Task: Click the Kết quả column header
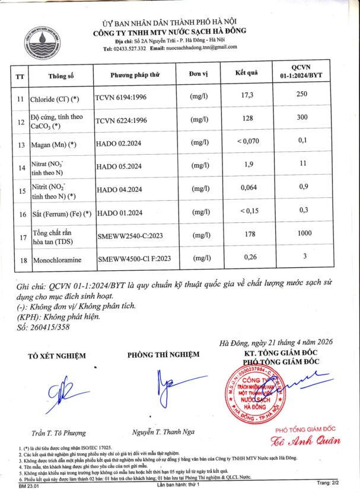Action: pyautogui.click(x=247, y=73)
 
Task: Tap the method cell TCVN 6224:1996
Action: pyautogui.click(x=121, y=120)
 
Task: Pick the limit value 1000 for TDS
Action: pyautogui.click(x=305, y=233)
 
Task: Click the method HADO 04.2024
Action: pyautogui.click(x=119, y=189)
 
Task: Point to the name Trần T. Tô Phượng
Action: pyautogui.click(x=59, y=433)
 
